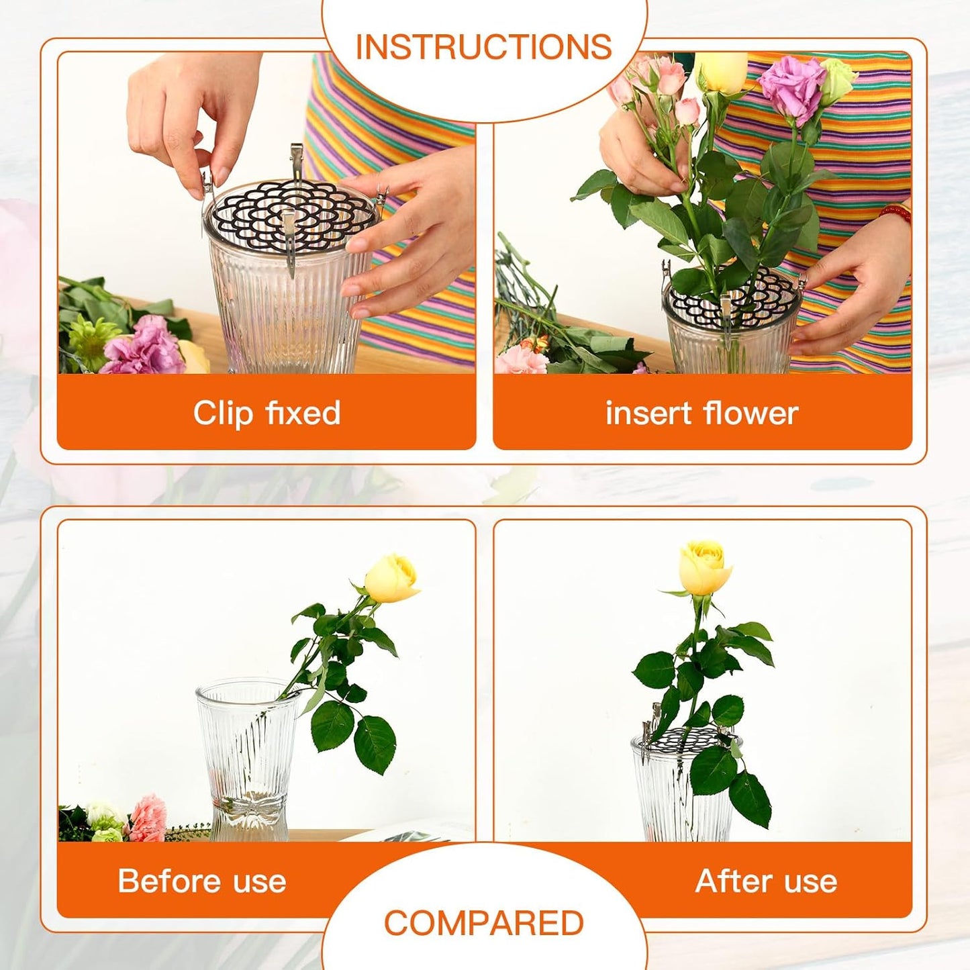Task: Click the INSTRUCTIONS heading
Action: point(483,47)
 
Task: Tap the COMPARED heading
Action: point(483,923)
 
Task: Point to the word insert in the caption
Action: point(648,413)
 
